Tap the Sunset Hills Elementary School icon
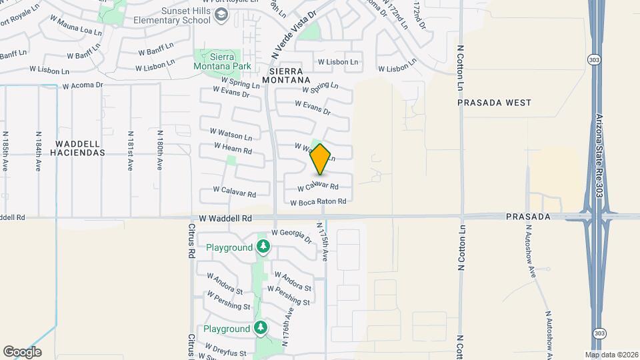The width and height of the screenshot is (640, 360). (x=223, y=15)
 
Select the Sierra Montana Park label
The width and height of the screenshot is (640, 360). (x=222, y=61)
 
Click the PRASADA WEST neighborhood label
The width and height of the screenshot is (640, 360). (x=495, y=103)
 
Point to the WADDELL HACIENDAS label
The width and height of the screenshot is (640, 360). (x=80, y=148)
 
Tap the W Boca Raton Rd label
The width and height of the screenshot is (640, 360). (x=319, y=201)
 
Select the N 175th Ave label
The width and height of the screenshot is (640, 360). (x=323, y=242)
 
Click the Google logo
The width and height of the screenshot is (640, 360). (x=22, y=351)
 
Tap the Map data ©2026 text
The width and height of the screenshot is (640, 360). (x=611, y=354)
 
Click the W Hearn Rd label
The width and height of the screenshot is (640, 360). (x=233, y=148)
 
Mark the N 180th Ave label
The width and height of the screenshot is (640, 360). (x=160, y=153)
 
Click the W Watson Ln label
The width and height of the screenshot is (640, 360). (x=231, y=135)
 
